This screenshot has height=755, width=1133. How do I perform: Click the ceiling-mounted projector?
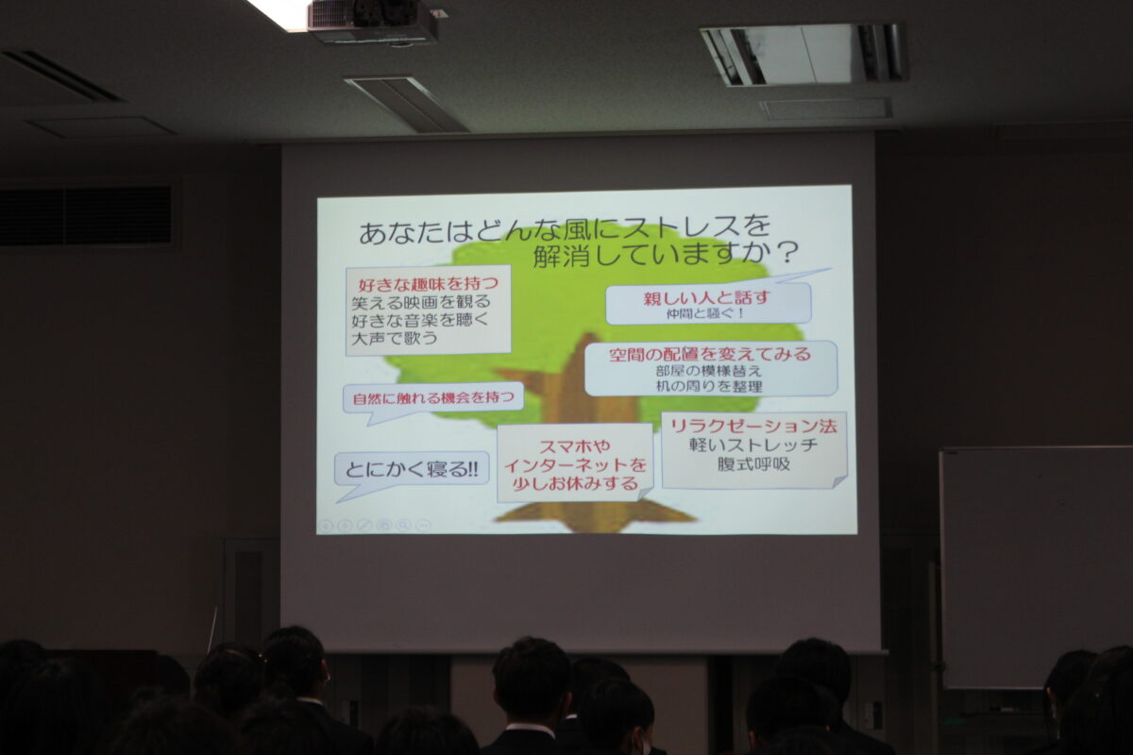373,22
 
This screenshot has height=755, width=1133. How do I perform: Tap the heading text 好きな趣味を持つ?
429,283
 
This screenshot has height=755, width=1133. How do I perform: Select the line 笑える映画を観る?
421,302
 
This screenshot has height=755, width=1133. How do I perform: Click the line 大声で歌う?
394,338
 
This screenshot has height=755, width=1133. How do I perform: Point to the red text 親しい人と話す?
706,298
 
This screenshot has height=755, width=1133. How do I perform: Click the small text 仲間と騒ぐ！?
705,313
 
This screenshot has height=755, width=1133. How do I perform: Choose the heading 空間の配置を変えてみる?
710,354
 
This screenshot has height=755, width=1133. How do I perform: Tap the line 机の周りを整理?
709,387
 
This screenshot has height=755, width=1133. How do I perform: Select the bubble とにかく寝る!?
412,472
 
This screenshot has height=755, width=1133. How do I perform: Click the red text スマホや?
575,446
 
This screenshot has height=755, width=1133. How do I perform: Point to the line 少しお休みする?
575,484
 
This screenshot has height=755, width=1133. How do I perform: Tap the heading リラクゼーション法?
753,427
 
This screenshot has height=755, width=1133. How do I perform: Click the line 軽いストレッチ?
753,445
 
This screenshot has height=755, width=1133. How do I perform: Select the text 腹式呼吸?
753,464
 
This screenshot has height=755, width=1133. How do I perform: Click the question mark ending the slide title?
786,253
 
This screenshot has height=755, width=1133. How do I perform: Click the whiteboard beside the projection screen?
1036,566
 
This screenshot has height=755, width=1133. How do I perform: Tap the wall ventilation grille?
86,216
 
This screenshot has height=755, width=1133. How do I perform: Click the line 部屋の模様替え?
709,371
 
